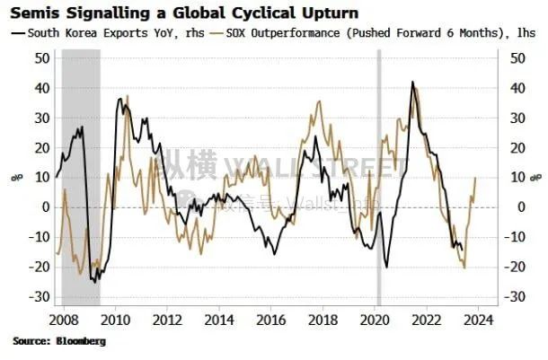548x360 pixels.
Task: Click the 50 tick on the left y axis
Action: click(x=41, y=57)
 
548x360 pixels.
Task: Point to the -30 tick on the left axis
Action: click(x=39, y=297)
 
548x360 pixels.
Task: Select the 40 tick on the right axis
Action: click(x=517, y=88)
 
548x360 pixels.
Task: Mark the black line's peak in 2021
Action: click(x=411, y=82)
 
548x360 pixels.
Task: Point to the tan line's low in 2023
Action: click(x=464, y=268)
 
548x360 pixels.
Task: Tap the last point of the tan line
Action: click(x=475, y=178)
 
